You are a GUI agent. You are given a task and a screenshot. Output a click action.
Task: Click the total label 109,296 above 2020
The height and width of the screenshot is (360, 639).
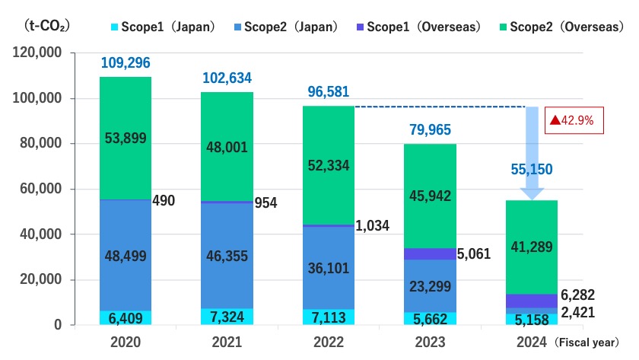click(126, 62)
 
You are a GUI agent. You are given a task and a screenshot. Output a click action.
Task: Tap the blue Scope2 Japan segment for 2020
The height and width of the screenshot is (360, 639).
click(126, 255)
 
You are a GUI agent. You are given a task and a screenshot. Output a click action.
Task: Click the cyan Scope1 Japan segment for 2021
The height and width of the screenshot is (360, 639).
click(227, 317)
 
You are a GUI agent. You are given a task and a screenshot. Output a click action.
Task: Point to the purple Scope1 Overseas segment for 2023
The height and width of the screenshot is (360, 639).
click(429, 253)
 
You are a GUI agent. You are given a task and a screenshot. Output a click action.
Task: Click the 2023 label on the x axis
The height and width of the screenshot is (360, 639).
click(429, 343)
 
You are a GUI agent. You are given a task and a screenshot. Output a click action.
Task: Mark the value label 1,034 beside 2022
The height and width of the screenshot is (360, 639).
click(374, 226)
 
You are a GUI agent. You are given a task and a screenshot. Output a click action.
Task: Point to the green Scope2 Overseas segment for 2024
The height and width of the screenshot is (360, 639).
click(530, 247)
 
